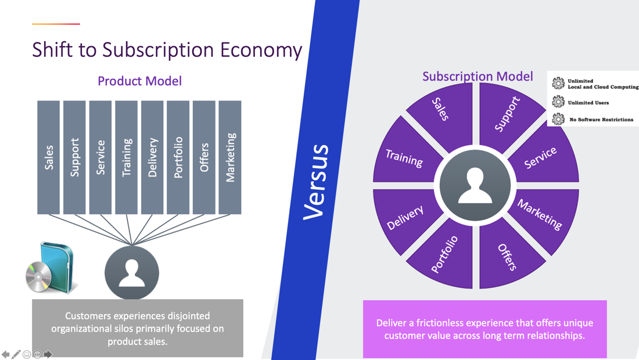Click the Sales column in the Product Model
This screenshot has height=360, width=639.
(49, 157)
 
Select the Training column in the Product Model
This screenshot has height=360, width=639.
(126, 157)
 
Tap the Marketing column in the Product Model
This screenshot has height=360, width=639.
(230, 157)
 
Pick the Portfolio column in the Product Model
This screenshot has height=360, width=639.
(178, 157)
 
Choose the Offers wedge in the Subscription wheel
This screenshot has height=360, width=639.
(507, 257)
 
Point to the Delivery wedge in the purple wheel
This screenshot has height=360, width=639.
(405, 218)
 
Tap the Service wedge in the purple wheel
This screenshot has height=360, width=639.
(541, 157)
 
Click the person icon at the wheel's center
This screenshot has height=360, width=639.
(475, 186)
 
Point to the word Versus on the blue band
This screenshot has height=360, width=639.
(317, 182)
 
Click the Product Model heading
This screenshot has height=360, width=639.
(139, 81)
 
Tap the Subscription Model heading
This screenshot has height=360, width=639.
(477, 77)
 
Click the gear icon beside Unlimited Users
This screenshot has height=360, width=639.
(558, 102)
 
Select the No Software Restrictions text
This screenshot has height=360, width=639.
(601, 120)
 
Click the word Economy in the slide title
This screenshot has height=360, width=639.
(261, 50)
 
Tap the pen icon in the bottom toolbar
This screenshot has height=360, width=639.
(16, 354)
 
